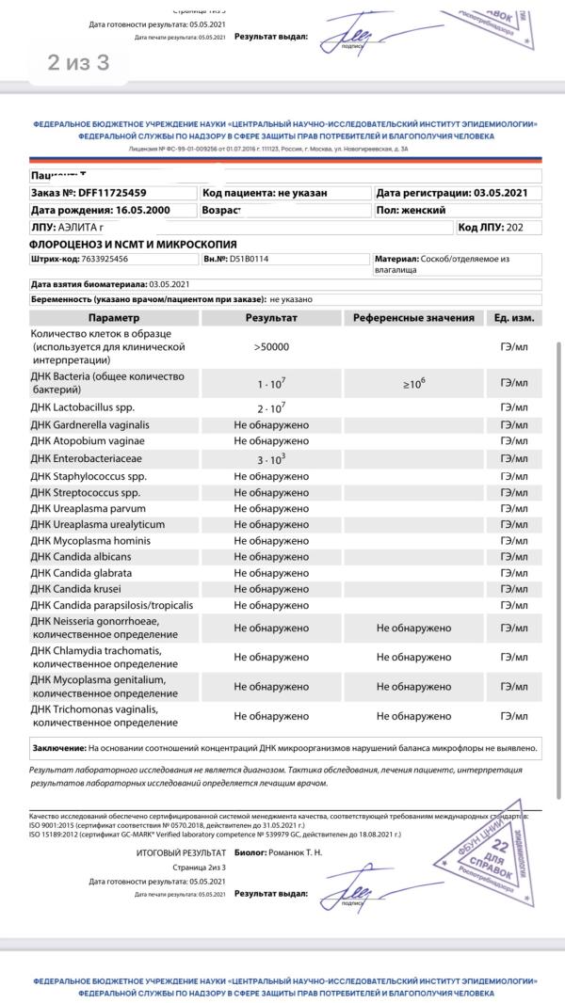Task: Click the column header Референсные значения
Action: click(x=413, y=318)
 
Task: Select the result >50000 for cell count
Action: click(x=271, y=347)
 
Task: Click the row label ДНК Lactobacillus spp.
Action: click(x=89, y=407)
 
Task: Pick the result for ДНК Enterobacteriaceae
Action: click(x=271, y=458)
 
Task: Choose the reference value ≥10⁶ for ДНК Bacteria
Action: click(x=413, y=384)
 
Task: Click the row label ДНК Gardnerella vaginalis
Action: click(x=90, y=425)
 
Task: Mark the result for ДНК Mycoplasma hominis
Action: click(x=271, y=541)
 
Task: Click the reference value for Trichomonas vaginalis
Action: click(x=413, y=716)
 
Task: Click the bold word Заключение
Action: click(x=58, y=748)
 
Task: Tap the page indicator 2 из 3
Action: click(x=79, y=62)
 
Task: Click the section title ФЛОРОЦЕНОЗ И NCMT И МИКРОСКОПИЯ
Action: click(x=133, y=245)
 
